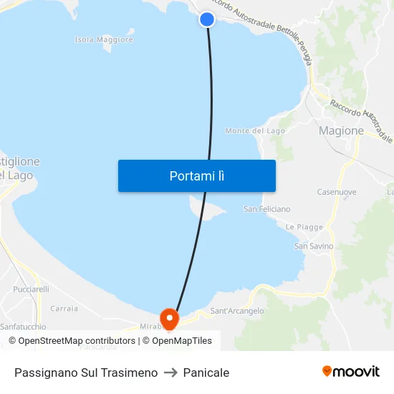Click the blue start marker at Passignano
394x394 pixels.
coord(207,19)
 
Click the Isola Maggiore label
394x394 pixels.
coord(104,40)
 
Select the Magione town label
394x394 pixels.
coord(341,130)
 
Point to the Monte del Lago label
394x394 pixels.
coord(255,131)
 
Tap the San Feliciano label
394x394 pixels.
coord(267,209)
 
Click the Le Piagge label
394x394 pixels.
coord(304,227)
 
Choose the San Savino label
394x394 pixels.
coord(314,246)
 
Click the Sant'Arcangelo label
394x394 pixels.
coord(237,311)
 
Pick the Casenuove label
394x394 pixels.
coord(337,192)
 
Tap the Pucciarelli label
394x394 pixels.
coord(31,289)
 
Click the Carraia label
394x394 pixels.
coord(64,308)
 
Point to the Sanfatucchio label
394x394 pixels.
coord(23,327)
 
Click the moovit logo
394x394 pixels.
coord(351,372)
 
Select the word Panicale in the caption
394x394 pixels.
coord(206,373)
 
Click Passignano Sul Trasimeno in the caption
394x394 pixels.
coord(86,373)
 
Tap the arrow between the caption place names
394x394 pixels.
coord(170,373)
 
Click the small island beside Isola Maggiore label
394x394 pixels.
coord(130,31)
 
